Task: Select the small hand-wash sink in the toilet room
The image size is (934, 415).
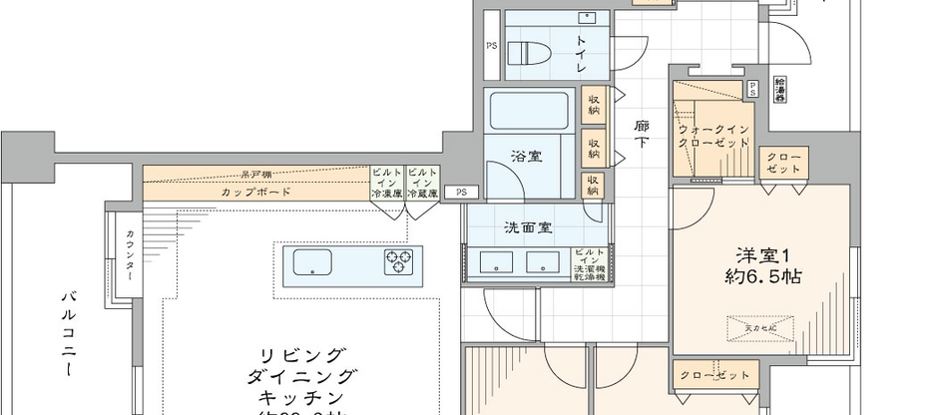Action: (x=588, y=17)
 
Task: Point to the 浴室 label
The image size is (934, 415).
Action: (x=525, y=158)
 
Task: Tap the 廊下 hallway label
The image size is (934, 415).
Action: (x=643, y=135)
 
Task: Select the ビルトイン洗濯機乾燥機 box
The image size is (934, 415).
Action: (x=589, y=264)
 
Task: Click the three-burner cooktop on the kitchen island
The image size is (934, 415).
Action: (x=400, y=263)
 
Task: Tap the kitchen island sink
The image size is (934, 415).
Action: (x=312, y=264)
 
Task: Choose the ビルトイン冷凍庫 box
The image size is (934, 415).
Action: (x=386, y=184)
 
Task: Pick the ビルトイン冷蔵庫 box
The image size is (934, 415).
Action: (x=421, y=184)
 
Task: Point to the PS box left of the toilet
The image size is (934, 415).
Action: (x=491, y=46)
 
